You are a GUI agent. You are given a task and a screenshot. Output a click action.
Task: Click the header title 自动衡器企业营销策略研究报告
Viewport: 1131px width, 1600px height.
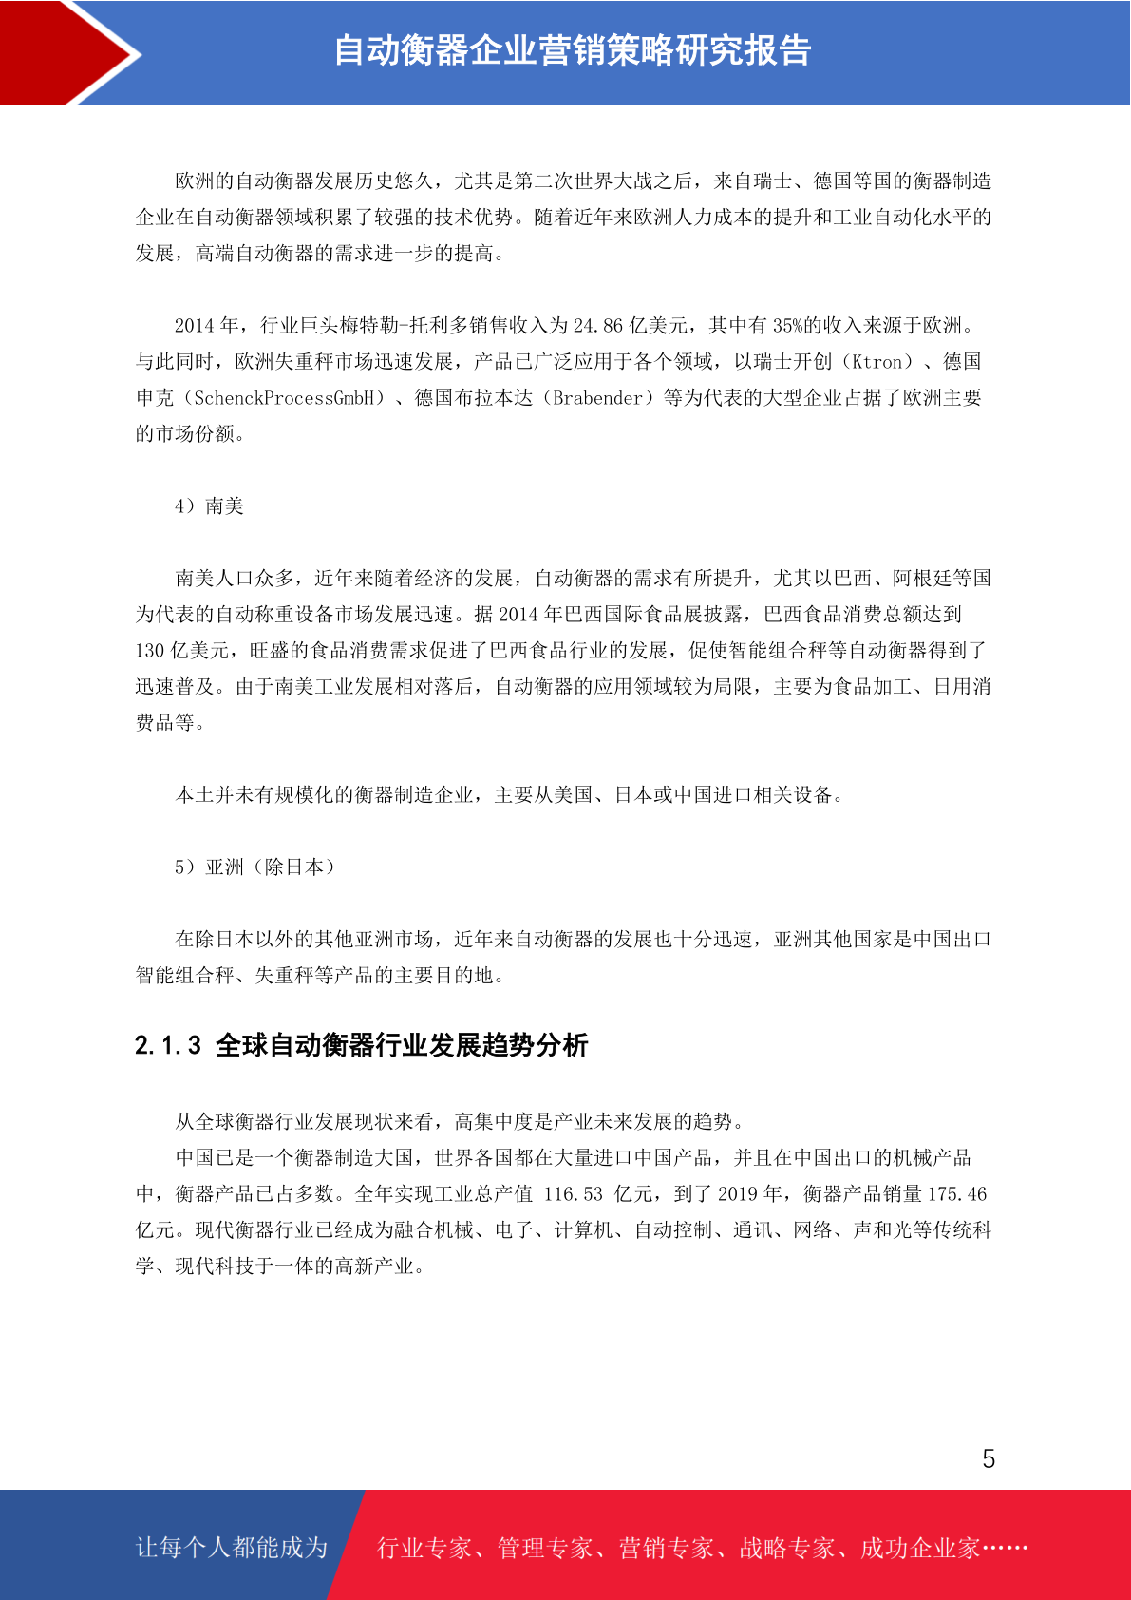coord(572,51)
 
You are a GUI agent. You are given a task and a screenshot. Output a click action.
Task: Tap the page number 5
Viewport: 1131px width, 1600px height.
coord(989,1459)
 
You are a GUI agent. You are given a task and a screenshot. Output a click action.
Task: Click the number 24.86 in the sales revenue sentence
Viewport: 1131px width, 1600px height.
coord(598,326)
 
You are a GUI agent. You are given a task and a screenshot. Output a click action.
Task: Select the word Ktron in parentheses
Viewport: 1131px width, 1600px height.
coord(877,362)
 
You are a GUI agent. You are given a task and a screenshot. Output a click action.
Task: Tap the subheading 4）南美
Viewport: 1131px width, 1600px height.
coord(209,506)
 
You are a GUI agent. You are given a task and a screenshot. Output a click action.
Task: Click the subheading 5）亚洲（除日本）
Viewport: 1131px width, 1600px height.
coord(254,867)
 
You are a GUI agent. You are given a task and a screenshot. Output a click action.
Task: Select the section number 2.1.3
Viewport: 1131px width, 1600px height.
coord(168,1046)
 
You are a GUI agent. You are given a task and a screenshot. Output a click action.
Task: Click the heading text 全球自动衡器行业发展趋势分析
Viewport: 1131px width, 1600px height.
coord(402,1046)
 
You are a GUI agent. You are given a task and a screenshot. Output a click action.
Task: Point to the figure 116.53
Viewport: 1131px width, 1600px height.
coord(573,1194)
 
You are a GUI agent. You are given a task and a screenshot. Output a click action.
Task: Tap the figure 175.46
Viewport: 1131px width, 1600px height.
coord(957,1194)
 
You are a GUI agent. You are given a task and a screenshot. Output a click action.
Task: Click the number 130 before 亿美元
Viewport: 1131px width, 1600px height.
coord(150,651)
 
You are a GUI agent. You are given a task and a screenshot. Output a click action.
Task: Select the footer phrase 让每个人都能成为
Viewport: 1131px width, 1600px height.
coord(232,1548)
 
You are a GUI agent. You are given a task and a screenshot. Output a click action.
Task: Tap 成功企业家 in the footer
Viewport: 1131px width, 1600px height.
coord(919,1549)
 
